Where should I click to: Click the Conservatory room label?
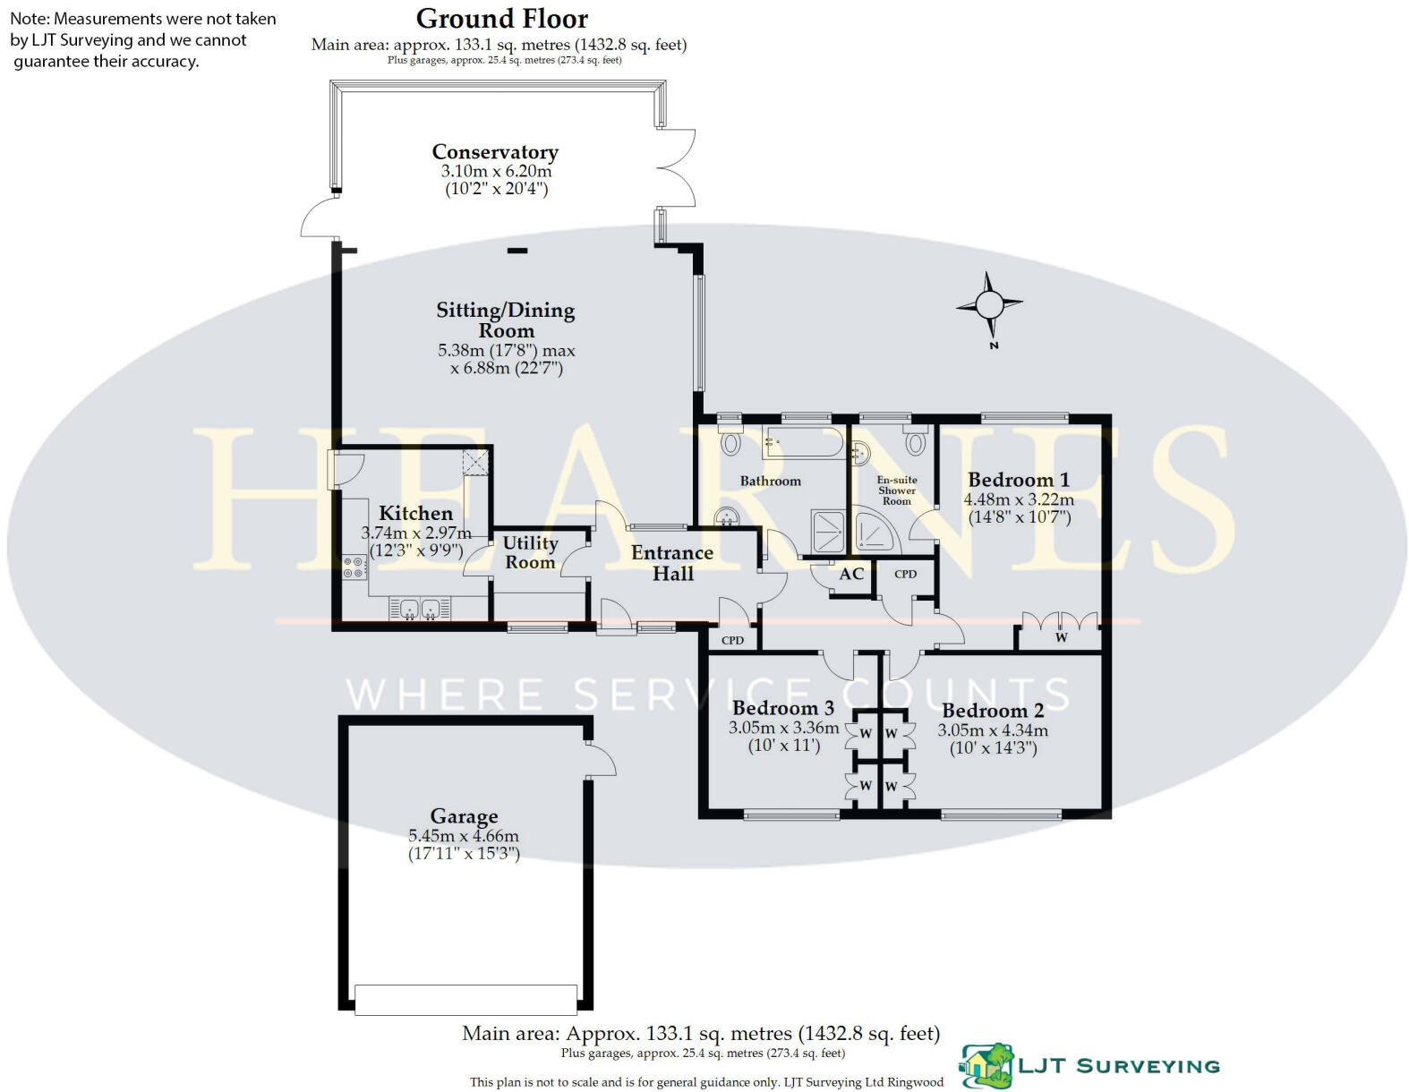click(x=495, y=152)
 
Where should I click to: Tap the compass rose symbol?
click(x=989, y=305)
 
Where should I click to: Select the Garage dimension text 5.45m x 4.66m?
click(x=464, y=836)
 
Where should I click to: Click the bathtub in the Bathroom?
click(x=803, y=442)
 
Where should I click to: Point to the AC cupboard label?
click(x=851, y=574)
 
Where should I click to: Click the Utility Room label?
click(x=530, y=552)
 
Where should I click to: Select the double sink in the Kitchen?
click(x=419, y=610)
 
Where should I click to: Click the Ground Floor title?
click(x=502, y=18)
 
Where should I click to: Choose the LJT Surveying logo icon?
click(x=986, y=1066)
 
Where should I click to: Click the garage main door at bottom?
click(x=465, y=1000)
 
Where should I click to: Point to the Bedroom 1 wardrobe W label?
click(x=1062, y=638)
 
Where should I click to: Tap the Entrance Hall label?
click(x=672, y=563)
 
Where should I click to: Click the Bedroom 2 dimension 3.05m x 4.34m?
click(x=993, y=729)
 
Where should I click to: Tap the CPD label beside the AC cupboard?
click(x=905, y=574)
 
